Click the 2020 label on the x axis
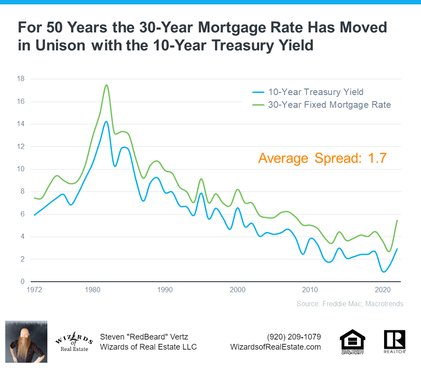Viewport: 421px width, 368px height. [x=383, y=290]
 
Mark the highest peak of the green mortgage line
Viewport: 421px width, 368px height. [x=107, y=85]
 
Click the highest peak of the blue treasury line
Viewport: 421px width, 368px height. [x=106, y=121]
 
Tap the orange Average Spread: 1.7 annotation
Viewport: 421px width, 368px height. [x=322, y=158]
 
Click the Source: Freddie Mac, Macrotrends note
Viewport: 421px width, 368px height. [x=349, y=304]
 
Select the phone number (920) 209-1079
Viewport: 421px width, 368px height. [x=294, y=337]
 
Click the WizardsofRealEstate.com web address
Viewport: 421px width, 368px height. [x=275, y=347]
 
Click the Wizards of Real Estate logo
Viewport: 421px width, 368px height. [x=74, y=341]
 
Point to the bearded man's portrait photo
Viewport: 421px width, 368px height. [x=26, y=341]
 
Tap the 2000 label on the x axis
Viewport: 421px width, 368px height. [x=238, y=290]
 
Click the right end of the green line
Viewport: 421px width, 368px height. [x=397, y=220]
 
